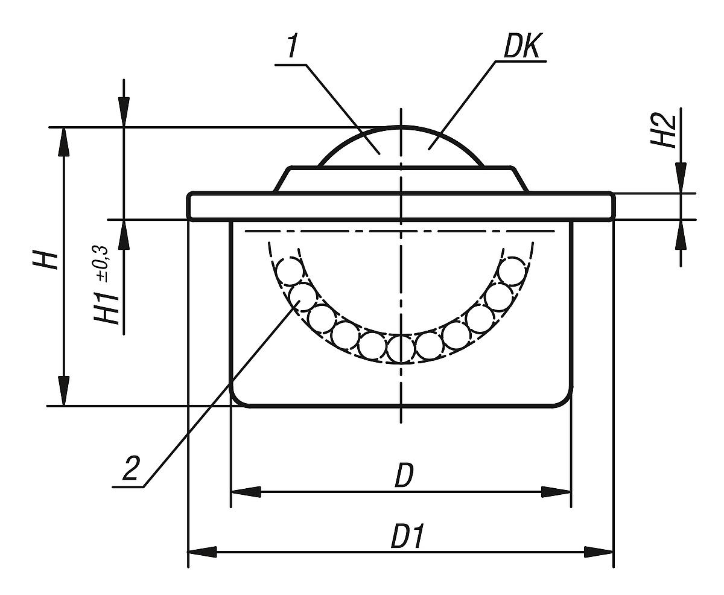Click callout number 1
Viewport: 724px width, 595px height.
(x=293, y=46)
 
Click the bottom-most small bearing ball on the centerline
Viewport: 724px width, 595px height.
(x=400, y=348)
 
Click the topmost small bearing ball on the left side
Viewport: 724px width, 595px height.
(x=290, y=269)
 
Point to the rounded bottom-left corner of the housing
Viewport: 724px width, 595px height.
(x=240, y=398)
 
